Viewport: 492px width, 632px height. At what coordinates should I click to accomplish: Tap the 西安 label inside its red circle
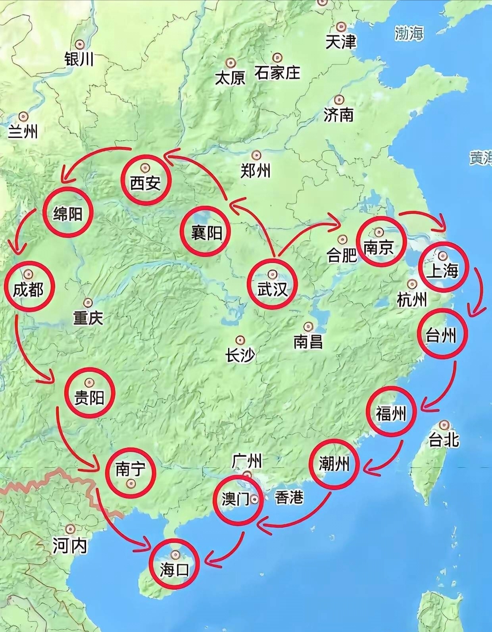click(x=145, y=183)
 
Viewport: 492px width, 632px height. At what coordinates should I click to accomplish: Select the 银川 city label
click(x=79, y=59)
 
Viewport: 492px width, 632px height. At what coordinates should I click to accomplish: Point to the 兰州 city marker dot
click(x=24, y=116)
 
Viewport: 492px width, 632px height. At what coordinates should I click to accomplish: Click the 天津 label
click(x=340, y=42)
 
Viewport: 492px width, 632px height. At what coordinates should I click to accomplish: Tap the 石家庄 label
click(x=277, y=73)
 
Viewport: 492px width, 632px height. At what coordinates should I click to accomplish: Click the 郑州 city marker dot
click(x=257, y=155)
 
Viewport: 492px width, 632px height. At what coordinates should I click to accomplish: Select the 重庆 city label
click(x=88, y=318)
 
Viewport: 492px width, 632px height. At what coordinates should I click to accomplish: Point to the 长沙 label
click(x=240, y=355)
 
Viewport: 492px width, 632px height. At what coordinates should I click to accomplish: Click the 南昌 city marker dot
click(x=308, y=326)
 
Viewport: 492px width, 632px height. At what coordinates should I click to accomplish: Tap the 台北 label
click(x=444, y=440)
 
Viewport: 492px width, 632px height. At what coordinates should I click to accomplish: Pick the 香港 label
click(x=289, y=497)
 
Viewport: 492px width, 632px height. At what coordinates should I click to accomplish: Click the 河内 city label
click(x=70, y=547)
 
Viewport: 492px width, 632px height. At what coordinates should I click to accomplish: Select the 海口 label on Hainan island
click(x=173, y=570)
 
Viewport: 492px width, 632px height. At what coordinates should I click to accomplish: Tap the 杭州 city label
click(x=412, y=300)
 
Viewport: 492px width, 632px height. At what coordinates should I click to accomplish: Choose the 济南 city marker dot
click(x=339, y=99)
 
